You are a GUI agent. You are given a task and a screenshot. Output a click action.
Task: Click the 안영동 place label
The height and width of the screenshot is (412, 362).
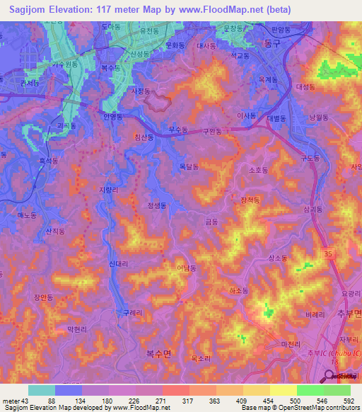pyautogui.click(x=113, y=115)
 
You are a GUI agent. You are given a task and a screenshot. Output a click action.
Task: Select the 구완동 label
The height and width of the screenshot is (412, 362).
pyautogui.click(x=212, y=131)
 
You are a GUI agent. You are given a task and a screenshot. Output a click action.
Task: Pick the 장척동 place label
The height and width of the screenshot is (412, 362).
pyautogui.click(x=250, y=200)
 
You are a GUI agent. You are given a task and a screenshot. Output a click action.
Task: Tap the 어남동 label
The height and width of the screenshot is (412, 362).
pyautogui.click(x=187, y=268)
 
